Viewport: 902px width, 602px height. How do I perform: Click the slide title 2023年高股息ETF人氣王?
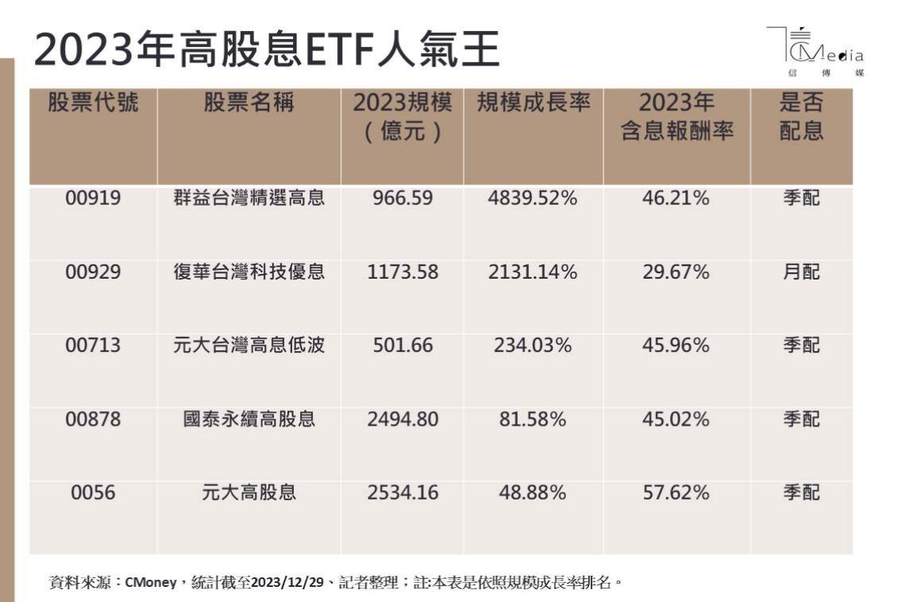pyautogui.click(x=267, y=50)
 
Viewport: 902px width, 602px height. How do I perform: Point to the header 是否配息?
pyautogui.click(x=800, y=117)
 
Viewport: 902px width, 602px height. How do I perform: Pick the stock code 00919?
pyautogui.click(x=93, y=198)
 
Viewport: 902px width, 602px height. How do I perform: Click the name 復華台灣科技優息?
pyautogui.click(x=249, y=272)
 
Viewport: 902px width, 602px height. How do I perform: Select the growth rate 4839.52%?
pyautogui.click(x=533, y=198)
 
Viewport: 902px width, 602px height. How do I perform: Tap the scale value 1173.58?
pyautogui.click(x=403, y=272)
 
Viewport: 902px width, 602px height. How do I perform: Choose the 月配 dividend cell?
pyautogui.click(x=800, y=272)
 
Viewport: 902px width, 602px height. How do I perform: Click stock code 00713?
pyautogui.click(x=93, y=345)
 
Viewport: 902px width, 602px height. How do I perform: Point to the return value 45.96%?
pyautogui.click(x=676, y=345)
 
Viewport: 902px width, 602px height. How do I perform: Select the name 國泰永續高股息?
pyautogui.click(x=249, y=419)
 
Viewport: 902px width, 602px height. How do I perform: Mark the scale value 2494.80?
pyautogui.click(x=403, y=419)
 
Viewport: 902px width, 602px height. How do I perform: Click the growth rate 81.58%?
pyautogui.click(x=533, y=419)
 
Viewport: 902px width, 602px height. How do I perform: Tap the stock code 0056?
pyautogui.click(x=93, y=492)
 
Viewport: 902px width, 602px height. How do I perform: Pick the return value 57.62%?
pyautogui.click(x=676, y=492)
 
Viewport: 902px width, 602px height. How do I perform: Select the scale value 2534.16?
pyautogui.click(x=403, y=492)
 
